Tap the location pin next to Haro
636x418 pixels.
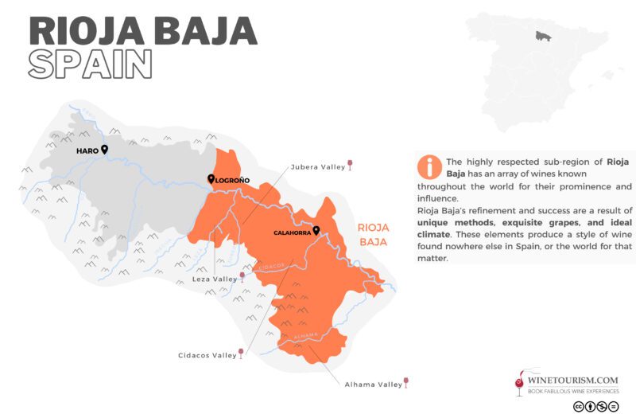[104, 149]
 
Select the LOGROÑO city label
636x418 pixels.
[233, 181]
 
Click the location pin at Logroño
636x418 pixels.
[211, 179]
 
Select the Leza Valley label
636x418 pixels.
[215, 279]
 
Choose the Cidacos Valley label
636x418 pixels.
[207, 355]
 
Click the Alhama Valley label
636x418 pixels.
[373, 385]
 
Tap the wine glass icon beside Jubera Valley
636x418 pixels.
[351, 166]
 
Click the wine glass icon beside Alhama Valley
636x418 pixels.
[406, 383]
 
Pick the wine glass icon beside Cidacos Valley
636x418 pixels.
[241, 353]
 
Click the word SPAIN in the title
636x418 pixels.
[90, 64]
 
